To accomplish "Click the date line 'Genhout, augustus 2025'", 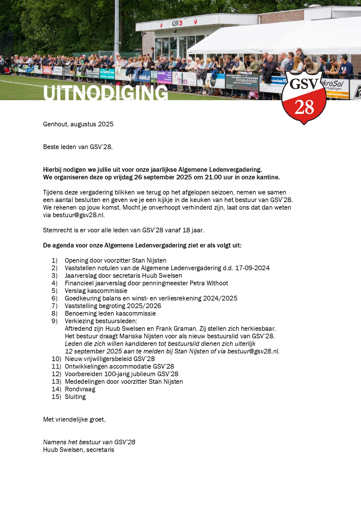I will (78, 124).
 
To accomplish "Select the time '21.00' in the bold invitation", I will (213, 177).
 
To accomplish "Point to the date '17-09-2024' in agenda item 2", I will (252, 268).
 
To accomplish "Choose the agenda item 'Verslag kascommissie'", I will (96, 291).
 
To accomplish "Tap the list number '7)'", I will (54, 306).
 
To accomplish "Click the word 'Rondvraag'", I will (80, 389).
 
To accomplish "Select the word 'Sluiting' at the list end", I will (75, 397).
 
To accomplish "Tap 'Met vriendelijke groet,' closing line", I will (74, 420).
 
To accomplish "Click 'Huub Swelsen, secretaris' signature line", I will (79, 450).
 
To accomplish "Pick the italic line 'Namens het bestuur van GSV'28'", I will (89, 442).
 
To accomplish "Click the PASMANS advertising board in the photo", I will (246, 81).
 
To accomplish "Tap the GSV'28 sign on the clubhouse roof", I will (177, 23).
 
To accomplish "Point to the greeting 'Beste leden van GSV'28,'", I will (78, 147).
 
